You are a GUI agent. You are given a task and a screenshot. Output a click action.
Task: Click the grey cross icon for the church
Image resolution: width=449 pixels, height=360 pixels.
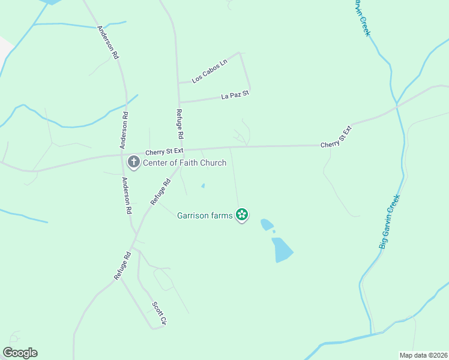click(133, 162)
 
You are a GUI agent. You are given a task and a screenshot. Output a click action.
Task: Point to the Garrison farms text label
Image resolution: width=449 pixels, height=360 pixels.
click(205, 215)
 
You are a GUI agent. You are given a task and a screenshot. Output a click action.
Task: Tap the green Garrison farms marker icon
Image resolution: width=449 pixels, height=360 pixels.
click(242, 214)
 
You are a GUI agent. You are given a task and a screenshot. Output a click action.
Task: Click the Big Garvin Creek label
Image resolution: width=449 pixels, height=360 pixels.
click(389, 222)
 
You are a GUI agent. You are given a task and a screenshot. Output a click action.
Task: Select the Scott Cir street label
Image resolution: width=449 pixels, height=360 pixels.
click(158, 313)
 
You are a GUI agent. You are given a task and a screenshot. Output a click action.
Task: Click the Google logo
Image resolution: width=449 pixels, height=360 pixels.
click(20, 353)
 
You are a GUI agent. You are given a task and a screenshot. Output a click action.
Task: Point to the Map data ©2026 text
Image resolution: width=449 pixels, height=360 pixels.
click(423, 355)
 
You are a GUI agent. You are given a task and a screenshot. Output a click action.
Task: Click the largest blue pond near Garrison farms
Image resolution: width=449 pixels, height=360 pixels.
click(282, 249)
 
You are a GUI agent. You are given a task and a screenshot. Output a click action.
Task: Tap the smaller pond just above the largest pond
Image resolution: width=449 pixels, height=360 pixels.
click(265, 224)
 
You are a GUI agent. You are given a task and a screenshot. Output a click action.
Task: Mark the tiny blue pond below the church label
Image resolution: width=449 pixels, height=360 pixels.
click(203, 185)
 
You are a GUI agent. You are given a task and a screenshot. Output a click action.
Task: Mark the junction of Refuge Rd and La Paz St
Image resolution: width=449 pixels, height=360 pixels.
click(179, 102)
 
